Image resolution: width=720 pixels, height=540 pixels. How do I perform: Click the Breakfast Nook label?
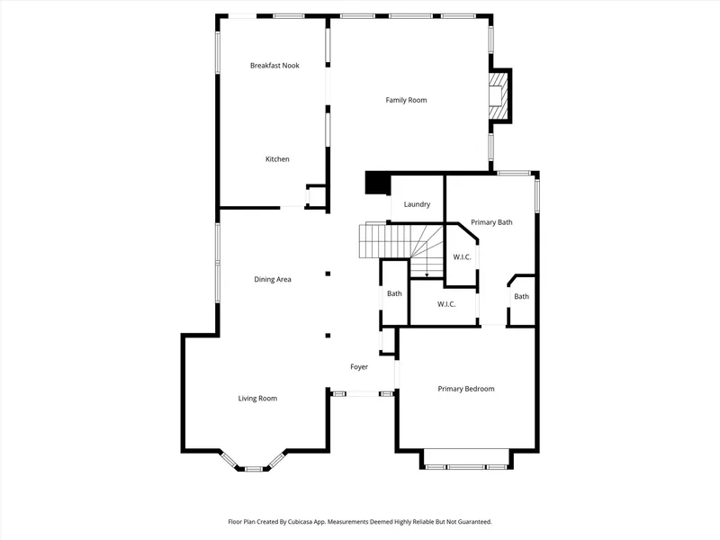[274, 66]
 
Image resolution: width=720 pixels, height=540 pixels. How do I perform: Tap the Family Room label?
[406, 100]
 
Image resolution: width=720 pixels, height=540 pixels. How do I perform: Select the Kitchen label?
[277, 159]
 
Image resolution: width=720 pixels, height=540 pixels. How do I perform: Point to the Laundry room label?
[417, 204]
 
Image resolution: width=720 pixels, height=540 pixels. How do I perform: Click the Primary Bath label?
[491, 222]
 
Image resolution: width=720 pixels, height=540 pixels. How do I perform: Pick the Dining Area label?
[273, 279]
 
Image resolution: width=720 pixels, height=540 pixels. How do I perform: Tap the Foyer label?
[359, 367]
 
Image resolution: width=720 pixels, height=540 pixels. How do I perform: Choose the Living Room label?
[257, 399]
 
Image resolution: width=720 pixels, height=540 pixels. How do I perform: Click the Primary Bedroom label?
[466, 389]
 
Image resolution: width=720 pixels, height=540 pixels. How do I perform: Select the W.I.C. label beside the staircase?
[462, 257]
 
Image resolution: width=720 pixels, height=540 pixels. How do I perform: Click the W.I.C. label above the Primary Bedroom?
[446, 304]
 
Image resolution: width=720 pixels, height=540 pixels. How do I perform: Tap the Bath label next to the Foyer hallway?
[394, 293]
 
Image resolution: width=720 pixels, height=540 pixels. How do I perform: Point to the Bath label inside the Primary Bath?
[522, 297]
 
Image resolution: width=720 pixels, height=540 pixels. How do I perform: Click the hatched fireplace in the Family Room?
[498, 95]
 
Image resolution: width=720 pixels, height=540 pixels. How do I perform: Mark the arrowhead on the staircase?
[427, 275]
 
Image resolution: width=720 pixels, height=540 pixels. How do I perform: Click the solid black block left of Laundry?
[377, 183]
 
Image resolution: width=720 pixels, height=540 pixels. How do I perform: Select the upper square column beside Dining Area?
[328, 274]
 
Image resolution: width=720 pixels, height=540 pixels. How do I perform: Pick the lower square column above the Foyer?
[328, 336]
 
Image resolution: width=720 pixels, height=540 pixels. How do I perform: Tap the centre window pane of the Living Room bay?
[253, 469]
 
